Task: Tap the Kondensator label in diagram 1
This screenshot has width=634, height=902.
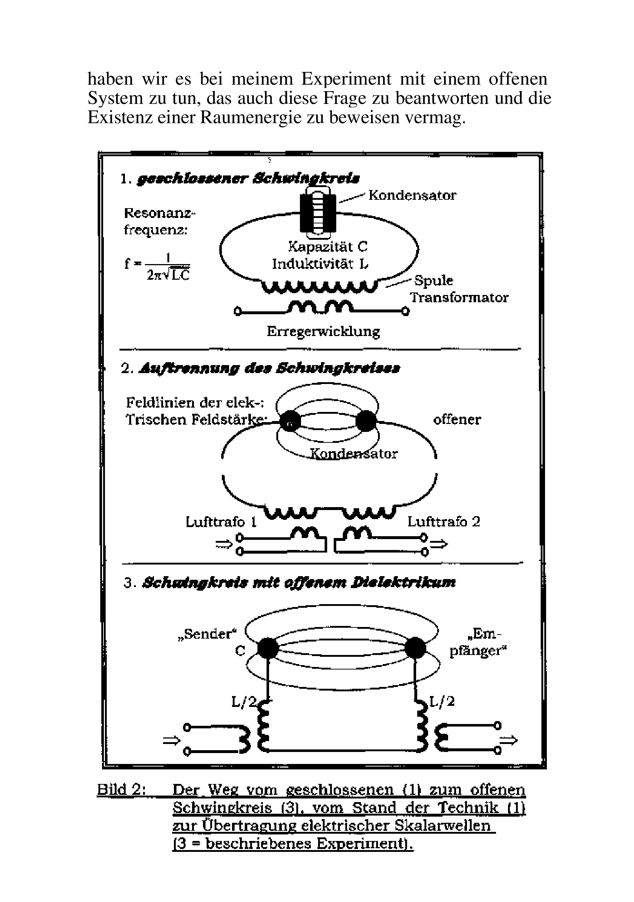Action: coord(412,195)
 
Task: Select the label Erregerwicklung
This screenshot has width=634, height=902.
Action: coord(323,331)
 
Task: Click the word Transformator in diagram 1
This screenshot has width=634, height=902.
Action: coord(459,298)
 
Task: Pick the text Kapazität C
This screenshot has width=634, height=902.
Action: coord(328,246)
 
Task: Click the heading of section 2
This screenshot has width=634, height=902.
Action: coord(261,368)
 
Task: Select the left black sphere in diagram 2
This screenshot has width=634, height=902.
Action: coord(289,421)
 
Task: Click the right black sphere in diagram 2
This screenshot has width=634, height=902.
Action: coord(366,421)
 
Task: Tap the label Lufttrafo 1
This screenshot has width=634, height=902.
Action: coord(221,522)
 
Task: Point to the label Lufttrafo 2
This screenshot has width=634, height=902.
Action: coord(444,522)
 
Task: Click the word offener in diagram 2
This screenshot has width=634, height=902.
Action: coord(457,420)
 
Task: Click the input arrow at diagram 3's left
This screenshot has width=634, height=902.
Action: coord(171,741)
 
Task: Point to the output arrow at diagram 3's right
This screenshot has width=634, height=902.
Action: coord(509,741)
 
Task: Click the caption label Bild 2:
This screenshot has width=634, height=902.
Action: coord(122,790)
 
